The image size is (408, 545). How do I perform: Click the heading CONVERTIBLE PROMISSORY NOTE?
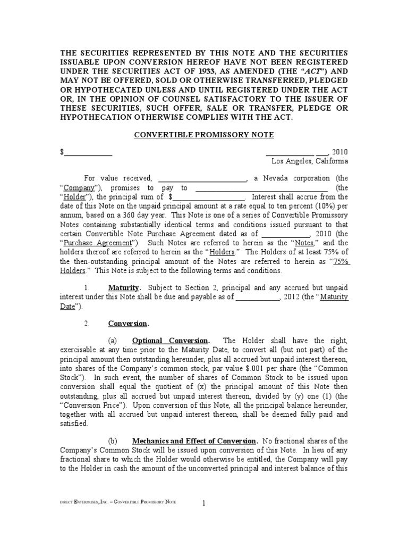point(203,135)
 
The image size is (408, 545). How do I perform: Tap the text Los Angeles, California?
point(310,161)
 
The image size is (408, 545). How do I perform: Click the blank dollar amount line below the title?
point(88,153)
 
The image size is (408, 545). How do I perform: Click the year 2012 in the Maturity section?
point(292,297)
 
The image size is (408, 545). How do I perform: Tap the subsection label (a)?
point(112,341)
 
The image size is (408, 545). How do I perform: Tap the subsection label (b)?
point(112,441)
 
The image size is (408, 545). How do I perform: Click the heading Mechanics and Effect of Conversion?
point(194,441)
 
